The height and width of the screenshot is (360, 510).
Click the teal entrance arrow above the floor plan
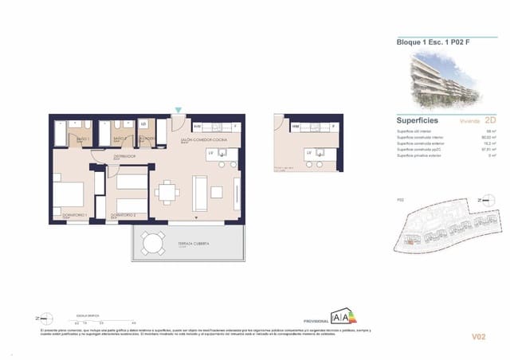tap(178, 110)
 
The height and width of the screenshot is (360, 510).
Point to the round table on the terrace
tap(151, 242)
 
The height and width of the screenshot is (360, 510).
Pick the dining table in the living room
tap(167, 192)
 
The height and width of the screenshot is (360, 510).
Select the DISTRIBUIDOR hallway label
tap(124, 157)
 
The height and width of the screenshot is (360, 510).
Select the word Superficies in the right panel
tap(418, 120)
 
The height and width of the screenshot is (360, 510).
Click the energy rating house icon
tap(344, 316)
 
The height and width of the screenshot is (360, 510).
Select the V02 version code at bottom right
tap(477, 337)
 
